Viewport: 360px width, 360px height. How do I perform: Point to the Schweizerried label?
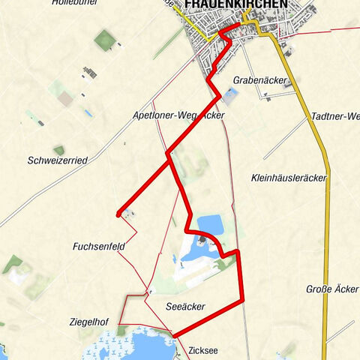(x=58, y=160)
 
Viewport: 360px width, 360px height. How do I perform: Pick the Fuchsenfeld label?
(x=98, y=246)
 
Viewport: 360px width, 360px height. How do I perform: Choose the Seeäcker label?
(x=184, y=306)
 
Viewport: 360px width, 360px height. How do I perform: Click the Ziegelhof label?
(x=90, y=322)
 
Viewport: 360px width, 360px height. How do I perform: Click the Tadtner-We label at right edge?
(x=334, y=117)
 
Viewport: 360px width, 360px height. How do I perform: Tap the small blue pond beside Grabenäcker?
(x=229, y=95)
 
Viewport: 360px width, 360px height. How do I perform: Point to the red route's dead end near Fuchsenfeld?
(x=118, y=215)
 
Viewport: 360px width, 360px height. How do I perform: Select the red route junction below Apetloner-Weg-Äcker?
(x=169, y=155)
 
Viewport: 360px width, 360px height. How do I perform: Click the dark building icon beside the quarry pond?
(x=202, y=241)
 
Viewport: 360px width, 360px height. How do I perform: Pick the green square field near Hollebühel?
(x=106, y=40)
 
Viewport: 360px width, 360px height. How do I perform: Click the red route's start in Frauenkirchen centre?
(x=238, y=25)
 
